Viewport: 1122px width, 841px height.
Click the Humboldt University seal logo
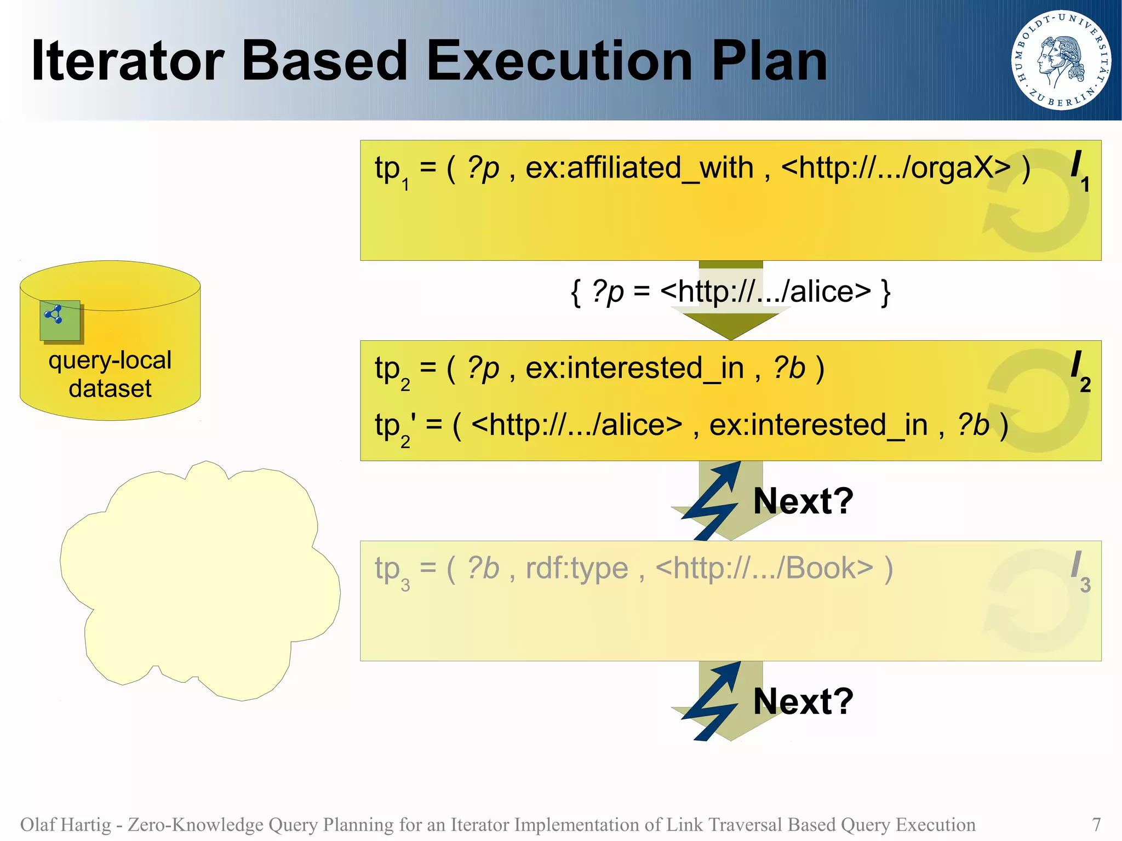tap(1061, 60)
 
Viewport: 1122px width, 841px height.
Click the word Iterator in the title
tap(128, 61)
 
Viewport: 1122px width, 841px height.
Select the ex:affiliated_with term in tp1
tap(639, 168)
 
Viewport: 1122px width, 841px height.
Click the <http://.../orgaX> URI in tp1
tap(895, 168)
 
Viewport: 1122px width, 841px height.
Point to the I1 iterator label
tap(1079, 170)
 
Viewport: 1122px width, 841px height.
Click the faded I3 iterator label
tap(1079, 571)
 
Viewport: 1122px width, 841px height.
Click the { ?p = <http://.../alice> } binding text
tap(730, 291)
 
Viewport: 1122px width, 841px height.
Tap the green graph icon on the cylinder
tap(60, 320)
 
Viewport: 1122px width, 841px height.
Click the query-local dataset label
tap(110, 374)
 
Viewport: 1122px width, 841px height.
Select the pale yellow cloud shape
tap(200, 581)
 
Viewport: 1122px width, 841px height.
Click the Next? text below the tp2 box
tap(803, 501)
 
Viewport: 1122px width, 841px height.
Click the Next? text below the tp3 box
tap(803, 701)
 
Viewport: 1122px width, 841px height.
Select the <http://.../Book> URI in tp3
tap(764, 569)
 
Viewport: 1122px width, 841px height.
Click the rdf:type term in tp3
tap(576, 569)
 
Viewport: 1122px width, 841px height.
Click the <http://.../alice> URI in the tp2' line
tap(576, 425)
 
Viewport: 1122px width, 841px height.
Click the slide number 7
tap(1096, 824)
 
